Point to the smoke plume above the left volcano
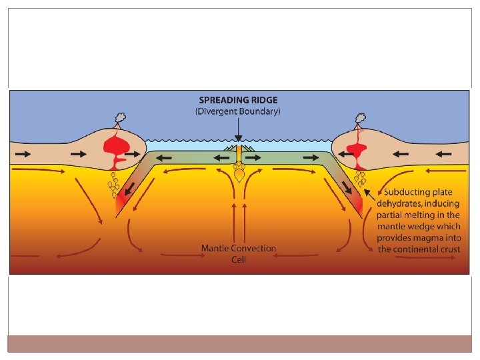point(119,119)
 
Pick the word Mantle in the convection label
point(217,249)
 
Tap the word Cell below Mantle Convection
point(239,259)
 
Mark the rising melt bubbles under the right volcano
point(362,179)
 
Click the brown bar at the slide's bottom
point(240,343)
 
